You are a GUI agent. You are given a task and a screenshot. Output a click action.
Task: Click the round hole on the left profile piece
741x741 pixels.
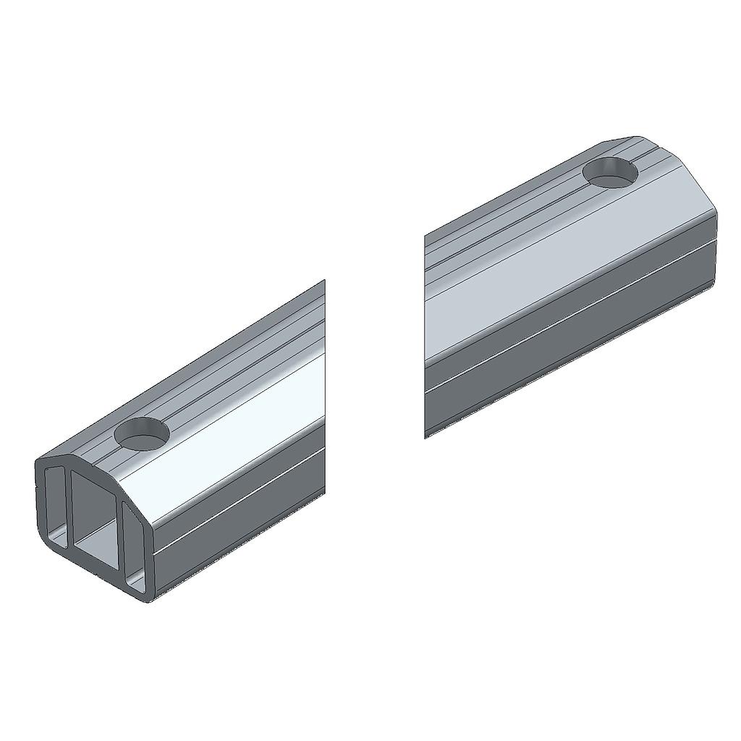coord(142,433)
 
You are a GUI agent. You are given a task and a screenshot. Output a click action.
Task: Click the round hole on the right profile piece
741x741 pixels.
coord(611,172)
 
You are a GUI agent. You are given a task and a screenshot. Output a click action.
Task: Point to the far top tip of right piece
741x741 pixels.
coord(637,137)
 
